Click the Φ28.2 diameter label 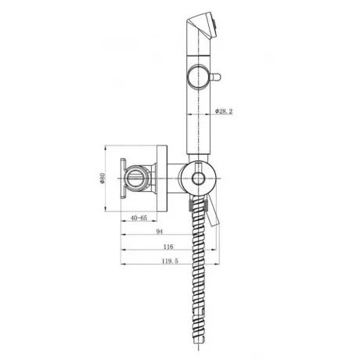[224, 111]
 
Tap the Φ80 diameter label [103, 178]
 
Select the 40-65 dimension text [139, 218]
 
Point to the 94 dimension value [160, 232]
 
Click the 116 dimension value [168, 247]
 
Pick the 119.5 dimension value [170, 261]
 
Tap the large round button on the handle [198, 77]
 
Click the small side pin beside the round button [214, 77]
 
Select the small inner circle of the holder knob [198, 178]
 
